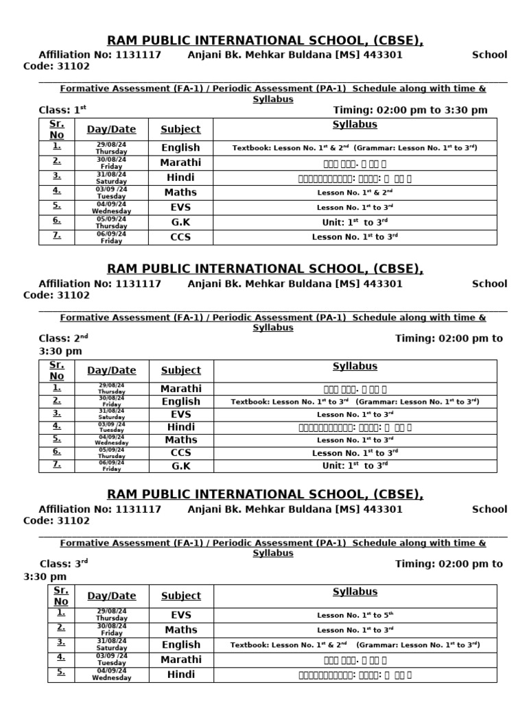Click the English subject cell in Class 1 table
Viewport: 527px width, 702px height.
tap(180, 147)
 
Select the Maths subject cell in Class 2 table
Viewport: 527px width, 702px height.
tap(180, 440)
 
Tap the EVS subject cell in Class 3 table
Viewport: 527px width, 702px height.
tap(180, 615)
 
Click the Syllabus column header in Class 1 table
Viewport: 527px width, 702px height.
tap(355, 125)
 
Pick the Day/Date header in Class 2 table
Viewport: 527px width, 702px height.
tap(112, 370)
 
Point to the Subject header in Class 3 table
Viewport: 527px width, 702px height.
tap(180, 596)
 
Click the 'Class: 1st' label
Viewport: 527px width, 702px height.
tap(62, 110)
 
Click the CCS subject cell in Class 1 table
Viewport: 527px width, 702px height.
tap(180, 237)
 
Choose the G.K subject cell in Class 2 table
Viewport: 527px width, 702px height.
tap(180, 466)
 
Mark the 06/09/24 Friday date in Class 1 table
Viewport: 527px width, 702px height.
tap(111, 237)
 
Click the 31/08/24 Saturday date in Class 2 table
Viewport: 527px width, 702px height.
tap(111, 414)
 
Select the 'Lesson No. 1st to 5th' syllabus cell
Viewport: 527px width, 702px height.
tap(355, 615)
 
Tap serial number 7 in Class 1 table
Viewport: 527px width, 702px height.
tap(56, 235)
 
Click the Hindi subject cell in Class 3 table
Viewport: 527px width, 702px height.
tap(180, 675)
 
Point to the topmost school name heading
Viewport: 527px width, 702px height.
tap(265, 40)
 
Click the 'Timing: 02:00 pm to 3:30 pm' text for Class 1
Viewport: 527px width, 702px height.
tap(410, 110)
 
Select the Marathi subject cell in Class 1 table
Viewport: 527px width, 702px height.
tap(180, 162)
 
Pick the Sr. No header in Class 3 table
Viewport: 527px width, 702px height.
tap(61, 596)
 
